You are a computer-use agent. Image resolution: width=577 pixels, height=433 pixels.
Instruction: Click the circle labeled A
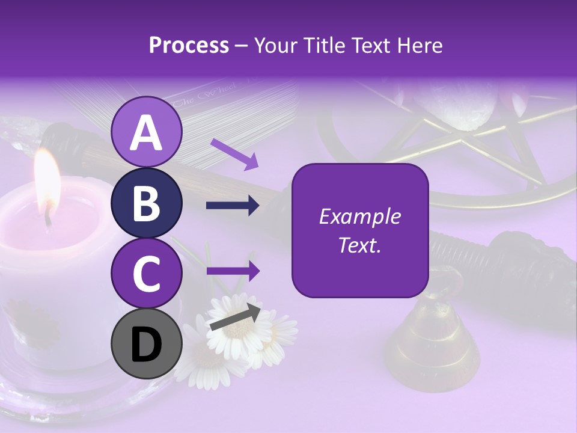147,132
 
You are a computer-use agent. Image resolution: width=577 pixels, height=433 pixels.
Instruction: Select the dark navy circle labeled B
147,203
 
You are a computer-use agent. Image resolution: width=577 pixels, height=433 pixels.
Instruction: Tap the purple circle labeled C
147,274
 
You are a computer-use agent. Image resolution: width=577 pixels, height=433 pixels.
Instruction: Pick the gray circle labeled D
147,344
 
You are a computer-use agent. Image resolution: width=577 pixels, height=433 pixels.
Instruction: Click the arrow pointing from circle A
234,154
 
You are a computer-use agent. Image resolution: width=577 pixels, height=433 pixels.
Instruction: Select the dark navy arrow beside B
233,206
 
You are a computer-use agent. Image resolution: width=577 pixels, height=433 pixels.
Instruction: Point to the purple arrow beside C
233,271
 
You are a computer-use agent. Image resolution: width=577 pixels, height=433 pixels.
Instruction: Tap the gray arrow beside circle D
235,317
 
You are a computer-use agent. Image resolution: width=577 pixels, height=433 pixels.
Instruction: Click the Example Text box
360,230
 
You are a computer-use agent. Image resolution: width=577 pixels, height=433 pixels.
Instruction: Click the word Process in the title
189,45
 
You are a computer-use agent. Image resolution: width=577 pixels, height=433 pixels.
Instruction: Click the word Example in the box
360,216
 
